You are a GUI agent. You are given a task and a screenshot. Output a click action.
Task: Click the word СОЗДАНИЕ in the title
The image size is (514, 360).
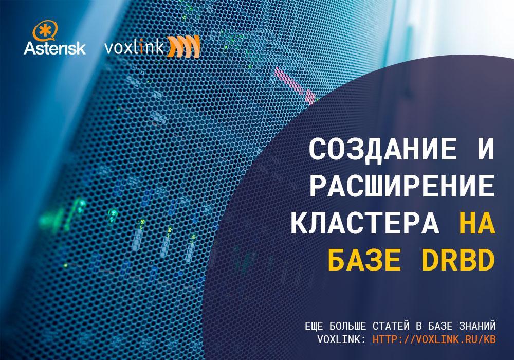click(x=383, y=149)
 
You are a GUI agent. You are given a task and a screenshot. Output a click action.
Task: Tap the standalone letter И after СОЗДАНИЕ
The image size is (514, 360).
click(x=485, y=149)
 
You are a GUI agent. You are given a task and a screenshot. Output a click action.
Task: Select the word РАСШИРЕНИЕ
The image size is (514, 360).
click(x=402, y=186)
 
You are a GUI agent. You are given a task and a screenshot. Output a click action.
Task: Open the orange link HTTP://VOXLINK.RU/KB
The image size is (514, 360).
click(x=434, y=339)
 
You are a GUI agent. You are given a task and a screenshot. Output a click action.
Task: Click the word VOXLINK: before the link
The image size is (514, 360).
click(x=341, y=339)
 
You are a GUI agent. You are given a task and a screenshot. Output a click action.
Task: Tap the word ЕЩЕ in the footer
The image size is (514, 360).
click(x=314, y=326)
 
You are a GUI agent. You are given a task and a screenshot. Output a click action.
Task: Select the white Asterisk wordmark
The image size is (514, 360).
click(x=55, y=48)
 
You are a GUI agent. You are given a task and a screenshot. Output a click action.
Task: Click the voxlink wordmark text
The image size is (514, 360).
click(x=134, y=48)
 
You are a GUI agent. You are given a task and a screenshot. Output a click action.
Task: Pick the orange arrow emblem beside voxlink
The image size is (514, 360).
click(x=183, y=47)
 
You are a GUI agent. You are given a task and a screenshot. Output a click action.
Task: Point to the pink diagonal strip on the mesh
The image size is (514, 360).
click(x=295, y=84)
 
